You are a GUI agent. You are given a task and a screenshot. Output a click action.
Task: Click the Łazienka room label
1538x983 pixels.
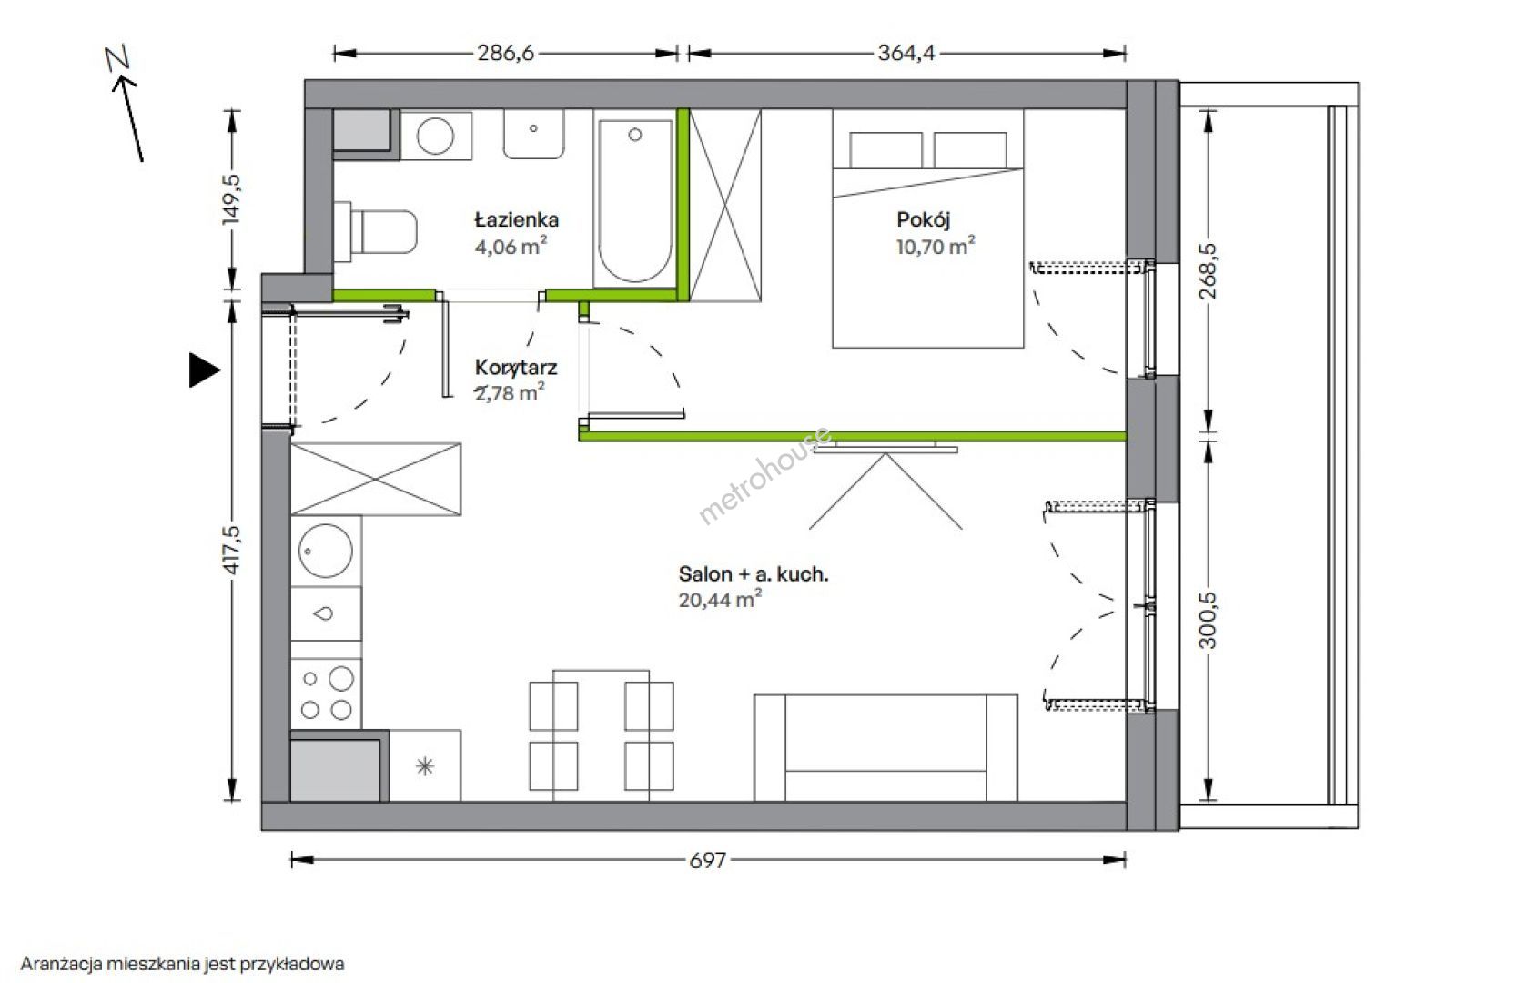(x=516, y=220)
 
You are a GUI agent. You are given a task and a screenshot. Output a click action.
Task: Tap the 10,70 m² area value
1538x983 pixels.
(x=936, y=246)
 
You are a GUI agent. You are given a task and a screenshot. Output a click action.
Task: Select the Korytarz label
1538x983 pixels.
(x=516, y=368)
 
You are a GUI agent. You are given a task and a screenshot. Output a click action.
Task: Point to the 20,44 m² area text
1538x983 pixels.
(x=720, y=599)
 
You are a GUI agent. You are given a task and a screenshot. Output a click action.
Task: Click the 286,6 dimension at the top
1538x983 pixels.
(x=506, y=53)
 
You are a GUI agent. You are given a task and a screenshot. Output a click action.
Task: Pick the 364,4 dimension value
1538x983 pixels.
(x=906, y=53)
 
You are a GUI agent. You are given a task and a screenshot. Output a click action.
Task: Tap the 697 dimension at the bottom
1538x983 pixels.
(x=708, y=860)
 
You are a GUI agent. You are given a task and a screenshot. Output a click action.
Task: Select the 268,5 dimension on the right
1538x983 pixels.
(x=1208, y=270)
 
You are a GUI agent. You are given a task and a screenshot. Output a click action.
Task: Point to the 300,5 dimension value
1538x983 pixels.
(x=1208, y=621)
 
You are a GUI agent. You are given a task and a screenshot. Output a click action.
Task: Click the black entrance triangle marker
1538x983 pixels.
(x=204, y=370)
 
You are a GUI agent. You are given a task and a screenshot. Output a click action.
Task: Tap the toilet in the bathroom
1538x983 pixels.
(x=376, y=231)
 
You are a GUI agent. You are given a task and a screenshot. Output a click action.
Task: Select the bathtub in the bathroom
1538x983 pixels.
(x=634, y=202)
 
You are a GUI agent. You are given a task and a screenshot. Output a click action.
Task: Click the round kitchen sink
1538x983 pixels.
(x=326, y=551)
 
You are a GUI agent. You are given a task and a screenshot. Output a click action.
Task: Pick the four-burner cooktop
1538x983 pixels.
(x=326, y=694)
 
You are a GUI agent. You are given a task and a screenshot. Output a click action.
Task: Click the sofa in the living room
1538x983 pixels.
(x=885, y=747)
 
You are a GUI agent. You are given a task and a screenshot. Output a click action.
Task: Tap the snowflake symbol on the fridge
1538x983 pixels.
(x=425, y=766)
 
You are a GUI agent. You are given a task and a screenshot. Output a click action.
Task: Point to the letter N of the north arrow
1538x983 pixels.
(x=119, y=57)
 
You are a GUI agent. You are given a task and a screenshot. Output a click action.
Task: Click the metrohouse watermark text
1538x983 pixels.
(x=764, y=475)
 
